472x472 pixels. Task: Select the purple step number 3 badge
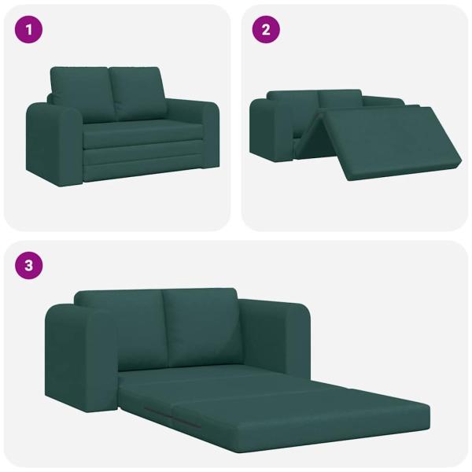29,265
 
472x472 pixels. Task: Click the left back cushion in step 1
80,93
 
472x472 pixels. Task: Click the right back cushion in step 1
137,91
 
